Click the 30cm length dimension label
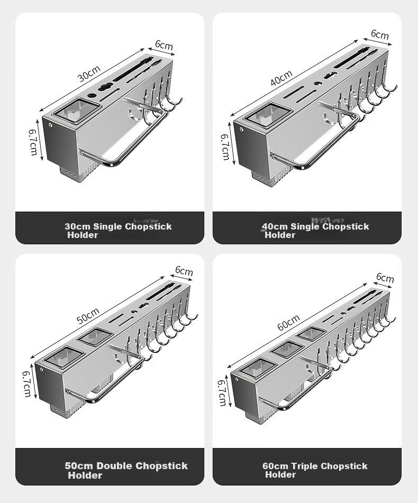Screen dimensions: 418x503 click(x=89, y=74)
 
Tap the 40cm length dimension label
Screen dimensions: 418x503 click(x=281, y=78)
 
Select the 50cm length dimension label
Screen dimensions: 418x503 click(x=88, y=316)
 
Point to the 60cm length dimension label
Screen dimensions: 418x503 click(x=288, y=323)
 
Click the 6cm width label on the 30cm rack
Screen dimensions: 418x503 click(x=164, y=45)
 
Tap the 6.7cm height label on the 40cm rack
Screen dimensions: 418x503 click(x=225, y=147)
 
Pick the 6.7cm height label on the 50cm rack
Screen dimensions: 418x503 click(x=26, y=384)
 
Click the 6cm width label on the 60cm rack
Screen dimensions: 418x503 click(x=385, y=278)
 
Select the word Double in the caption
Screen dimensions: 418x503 click(x=114, y=466)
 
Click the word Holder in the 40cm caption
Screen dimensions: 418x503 click(x=280, y=235)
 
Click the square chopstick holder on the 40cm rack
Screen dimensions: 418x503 click(x=268, y=114)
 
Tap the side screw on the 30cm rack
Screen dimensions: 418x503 click(x=50, y=125)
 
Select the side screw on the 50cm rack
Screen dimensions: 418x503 click(x=41, y=370)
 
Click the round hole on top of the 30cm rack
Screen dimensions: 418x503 click(x=92, y=96)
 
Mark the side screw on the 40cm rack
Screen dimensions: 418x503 click(x=242, y=130)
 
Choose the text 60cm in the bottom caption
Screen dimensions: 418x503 click(x=275, y=466)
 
